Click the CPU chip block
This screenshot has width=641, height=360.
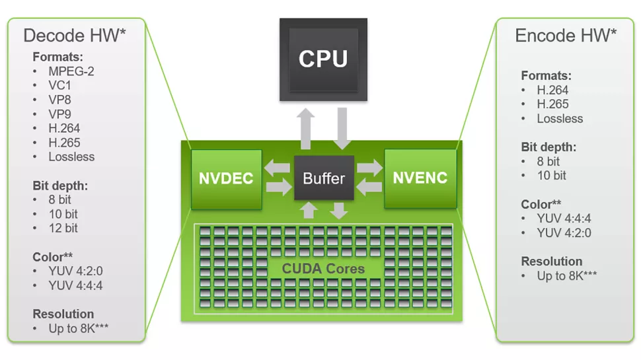tap(323, 59)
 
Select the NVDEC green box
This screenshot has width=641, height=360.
tap(227, 179)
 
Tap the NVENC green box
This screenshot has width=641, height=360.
tap(420, 178)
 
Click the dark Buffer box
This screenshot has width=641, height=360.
tap(324, 178)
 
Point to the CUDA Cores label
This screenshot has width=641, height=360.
tap(323, 268)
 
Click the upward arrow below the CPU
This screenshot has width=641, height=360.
tap(305, 129)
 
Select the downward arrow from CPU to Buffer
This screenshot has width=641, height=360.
tap(342, 129)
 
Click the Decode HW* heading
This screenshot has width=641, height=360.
tap(75, 36)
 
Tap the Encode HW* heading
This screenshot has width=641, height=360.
tap(566, 36)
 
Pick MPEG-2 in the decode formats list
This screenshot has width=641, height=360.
tap(71, 71)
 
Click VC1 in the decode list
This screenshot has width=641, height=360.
tap(59, 85)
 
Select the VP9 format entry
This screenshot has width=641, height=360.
tap(59, 114)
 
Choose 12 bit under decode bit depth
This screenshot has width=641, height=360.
tap(63, 228)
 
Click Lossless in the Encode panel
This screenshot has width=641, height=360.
tap(560, 118)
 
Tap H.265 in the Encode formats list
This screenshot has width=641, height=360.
tap(552, 104)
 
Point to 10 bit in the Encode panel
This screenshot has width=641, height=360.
tap(552, 175)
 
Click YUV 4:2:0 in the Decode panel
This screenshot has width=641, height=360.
tap(75, 271)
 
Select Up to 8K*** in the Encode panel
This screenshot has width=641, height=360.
tap(566, 276)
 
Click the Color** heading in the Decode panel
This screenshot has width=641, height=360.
tap(52, 256)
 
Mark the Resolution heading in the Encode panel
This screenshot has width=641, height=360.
tap(552, 261)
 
